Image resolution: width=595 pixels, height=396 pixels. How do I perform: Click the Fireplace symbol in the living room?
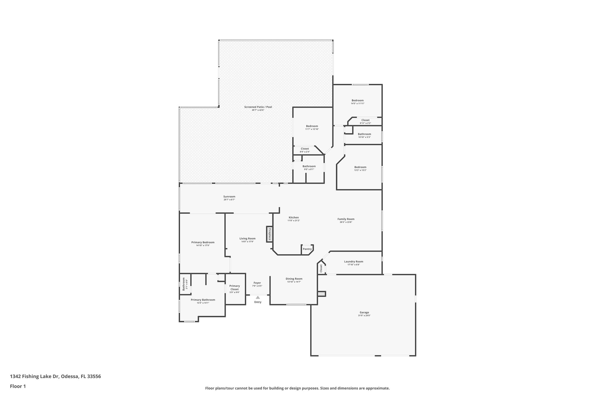click(270, 234)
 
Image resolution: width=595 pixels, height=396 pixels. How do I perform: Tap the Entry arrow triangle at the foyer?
click(258, 297)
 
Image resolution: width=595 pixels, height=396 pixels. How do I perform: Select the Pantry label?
click(307, 249)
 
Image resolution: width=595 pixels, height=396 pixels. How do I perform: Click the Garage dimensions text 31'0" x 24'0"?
click(364, 316)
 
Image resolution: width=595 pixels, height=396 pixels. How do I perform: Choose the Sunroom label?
click(229, 197)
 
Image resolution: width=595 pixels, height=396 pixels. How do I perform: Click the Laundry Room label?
click(353, 261)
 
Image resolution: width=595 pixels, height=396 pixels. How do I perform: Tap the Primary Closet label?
click(234, 287)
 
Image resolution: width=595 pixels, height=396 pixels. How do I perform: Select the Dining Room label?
click(294, 279)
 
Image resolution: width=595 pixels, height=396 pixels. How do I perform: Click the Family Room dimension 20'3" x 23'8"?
click(346, 222)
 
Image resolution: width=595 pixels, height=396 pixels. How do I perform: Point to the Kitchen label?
click(293, 218)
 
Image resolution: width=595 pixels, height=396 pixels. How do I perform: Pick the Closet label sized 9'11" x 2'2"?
click(365, 120)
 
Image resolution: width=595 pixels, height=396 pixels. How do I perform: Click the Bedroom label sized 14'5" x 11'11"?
click(357, 100)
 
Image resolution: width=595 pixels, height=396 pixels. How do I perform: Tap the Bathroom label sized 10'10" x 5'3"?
click(364, 134)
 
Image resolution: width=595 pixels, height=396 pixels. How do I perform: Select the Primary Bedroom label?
click(203, 243)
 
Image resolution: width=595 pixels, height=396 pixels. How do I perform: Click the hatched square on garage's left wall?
click(321, 294)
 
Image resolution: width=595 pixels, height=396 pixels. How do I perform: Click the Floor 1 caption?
click(18, 386)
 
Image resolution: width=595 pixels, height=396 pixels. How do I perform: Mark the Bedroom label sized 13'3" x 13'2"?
click(360, 167)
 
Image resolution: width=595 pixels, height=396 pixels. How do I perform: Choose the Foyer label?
click(257, 283)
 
